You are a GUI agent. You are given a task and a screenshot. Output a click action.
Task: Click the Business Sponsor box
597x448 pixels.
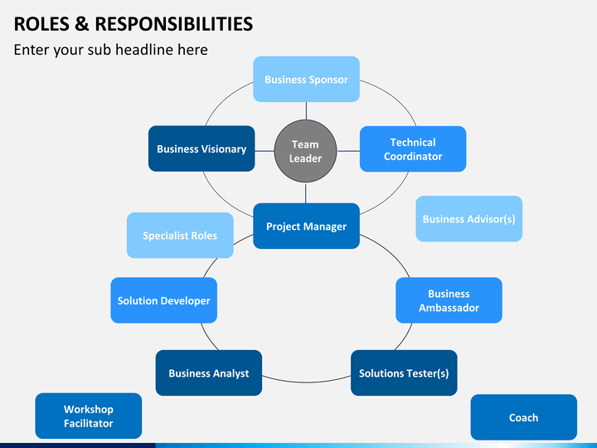(x=306, y=79)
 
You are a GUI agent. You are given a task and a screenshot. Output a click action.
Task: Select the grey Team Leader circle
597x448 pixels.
(x=305, y=151)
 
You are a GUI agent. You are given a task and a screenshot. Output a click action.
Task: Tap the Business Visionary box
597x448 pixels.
(x=201, y=149)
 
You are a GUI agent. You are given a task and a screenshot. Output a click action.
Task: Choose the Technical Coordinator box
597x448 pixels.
(x=413, y=149)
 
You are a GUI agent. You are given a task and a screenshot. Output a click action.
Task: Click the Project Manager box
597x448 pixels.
(x=306, y=226)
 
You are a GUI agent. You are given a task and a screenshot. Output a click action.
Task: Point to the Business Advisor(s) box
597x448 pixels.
(x=468, y=219)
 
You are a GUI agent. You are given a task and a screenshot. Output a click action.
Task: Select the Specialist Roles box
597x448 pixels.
(x=180, y=236)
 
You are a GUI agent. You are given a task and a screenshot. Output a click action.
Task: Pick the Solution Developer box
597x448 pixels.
(x=163, y=300)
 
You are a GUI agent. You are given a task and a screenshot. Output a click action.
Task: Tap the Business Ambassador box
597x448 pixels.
(x=449, y=300)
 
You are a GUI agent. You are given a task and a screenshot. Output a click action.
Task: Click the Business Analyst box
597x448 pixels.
(x=209, y=373)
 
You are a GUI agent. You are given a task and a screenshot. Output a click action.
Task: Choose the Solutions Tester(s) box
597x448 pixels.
(x=404, y=373)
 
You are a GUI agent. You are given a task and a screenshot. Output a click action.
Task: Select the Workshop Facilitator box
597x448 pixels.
(x=89, y=416)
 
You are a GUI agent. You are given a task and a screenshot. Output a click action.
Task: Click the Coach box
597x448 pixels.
(x=523, y=417)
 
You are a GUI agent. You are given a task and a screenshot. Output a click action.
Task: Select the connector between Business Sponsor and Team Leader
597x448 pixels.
(x=306, y=111)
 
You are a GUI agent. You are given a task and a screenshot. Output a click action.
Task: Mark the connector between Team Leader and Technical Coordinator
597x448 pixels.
(x=348, y=151)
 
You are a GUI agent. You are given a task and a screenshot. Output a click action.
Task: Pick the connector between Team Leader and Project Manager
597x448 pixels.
(x=305, y=192)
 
